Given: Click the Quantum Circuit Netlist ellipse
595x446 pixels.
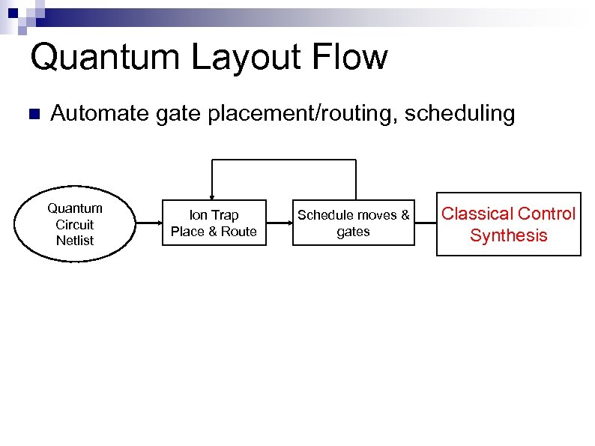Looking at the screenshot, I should pyautogui.click(x=75, y=224).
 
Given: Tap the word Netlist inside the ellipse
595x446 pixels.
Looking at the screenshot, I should pyautogui.click(x=75, y=241).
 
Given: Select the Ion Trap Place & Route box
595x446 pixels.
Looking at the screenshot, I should pyautogui.click(x=214, y=223).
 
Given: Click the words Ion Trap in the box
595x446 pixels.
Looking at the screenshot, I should pyautogui.click(x=214, y=215).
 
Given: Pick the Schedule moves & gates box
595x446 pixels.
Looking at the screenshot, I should pyautogui.click(x=354, y=223).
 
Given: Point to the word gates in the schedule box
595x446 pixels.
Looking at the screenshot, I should pyautogui.click(x=354, y=232).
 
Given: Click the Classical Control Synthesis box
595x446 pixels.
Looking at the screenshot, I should pyautogui.click(x=509, y=224).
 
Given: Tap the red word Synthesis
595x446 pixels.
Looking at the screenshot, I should pyautogui.click(x=509, y=235).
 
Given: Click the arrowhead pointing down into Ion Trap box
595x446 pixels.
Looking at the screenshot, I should pyautogui.click(x=214, y=197).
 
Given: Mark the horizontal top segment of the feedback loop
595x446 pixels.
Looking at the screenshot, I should pyautogui.click(x=285, y=160).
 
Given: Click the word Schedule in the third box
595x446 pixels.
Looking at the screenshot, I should pyautogui.click(x=325, y=215).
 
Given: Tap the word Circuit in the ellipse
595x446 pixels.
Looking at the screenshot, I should pyautogui.click(x=75, y=224).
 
